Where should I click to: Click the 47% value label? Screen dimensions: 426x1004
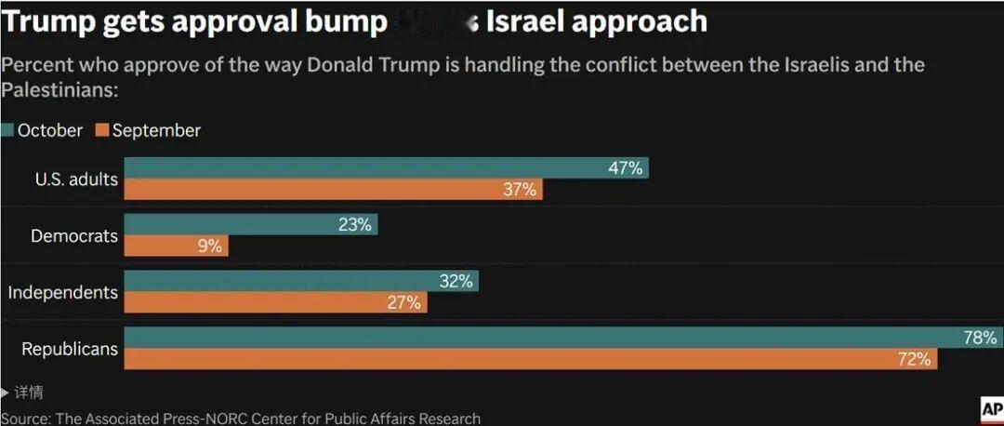625,168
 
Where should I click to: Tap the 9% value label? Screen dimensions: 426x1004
209,246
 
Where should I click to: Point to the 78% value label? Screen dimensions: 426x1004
980,338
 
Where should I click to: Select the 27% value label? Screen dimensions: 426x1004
403,302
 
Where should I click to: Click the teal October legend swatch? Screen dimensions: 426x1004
7,131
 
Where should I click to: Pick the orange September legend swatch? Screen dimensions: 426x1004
102,131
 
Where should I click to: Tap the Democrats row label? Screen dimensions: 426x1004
74,236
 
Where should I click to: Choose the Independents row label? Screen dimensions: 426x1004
62,293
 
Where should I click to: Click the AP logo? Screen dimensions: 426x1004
990,409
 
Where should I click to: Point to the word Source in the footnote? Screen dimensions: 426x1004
25,419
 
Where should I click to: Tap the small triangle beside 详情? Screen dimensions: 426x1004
6,393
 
